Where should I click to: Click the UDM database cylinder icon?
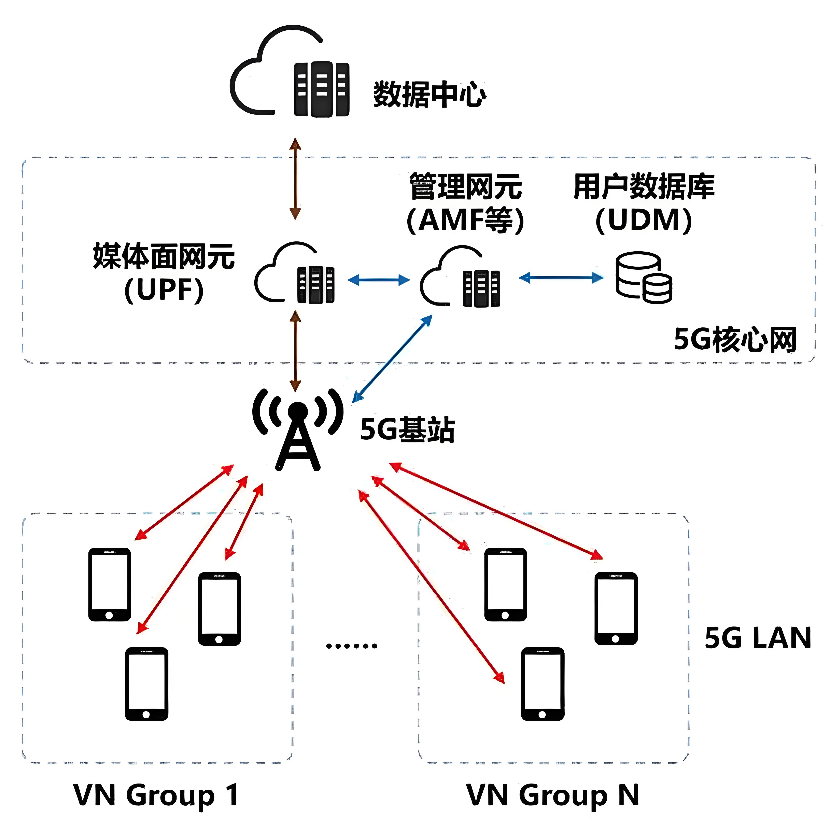pos(644,277)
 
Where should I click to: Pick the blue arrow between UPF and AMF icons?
pos(379,280)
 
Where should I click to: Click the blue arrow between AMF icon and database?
pos(561,278)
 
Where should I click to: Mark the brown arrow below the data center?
pos(295,179)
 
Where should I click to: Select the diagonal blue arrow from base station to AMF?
pos(392,358)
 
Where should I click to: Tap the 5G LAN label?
pos(758,638)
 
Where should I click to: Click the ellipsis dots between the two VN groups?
pos(351,646)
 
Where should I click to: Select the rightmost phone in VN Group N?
pos(616,608)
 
